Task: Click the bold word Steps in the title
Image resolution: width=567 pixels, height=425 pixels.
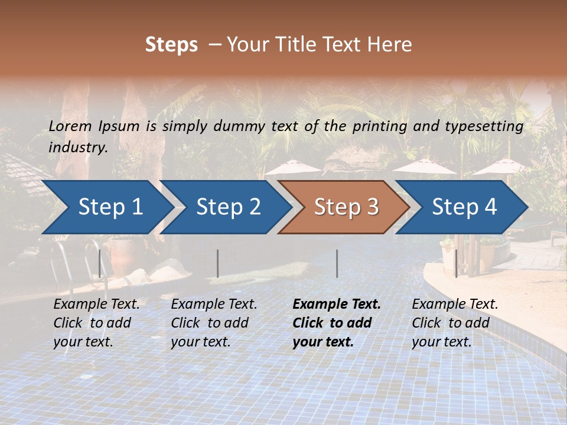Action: [x=171, y=44]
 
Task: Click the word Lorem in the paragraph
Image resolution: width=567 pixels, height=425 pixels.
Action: [x=70, y=126]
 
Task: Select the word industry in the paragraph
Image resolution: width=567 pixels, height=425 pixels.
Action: [x=77, y=147]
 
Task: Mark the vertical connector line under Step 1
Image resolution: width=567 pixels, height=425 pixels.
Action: [x=100, y=263]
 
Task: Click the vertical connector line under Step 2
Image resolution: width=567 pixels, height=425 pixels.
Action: [x=218, y=263]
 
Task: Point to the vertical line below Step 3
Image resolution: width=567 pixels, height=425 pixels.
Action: [x=337, y=263]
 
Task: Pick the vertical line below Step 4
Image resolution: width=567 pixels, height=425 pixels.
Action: [x=456, y=263]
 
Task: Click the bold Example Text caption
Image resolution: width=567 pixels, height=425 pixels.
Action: [x=337, y=305]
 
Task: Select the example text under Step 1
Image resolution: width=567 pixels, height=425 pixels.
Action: [x=96, y=323]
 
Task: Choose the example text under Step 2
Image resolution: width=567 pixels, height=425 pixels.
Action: [x=214, y=323]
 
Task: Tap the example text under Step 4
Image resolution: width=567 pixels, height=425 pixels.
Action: [x=455, y=323]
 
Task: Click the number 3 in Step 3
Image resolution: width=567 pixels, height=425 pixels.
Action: [x=372, y=207]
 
